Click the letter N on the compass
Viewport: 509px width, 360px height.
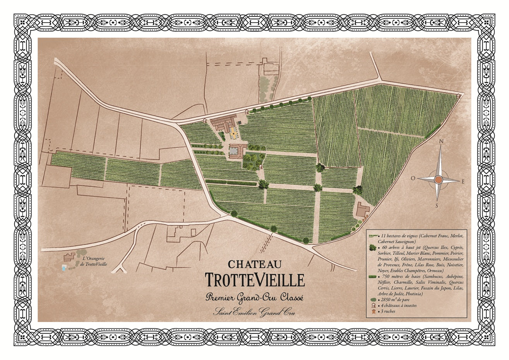(x=440, y=142)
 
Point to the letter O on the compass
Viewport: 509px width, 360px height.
(x=413, y=178)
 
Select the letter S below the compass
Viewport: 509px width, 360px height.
(x=437, y=206)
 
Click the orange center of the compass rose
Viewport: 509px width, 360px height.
(x=438, y=180)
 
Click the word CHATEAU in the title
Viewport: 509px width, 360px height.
(x=255, y=264)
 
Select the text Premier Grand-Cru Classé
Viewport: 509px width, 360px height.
(x=255, y=298)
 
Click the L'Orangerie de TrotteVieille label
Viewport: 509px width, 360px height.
(x=94, y=262)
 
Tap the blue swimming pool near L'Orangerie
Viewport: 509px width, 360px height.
(x=63, y=267)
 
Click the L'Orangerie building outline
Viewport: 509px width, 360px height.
(x=69, y=257)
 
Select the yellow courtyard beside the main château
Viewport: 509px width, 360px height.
(x=233, y=135)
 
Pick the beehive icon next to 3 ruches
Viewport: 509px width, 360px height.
(x=373, y=311)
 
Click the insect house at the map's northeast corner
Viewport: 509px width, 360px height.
(x=459, y=96)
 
